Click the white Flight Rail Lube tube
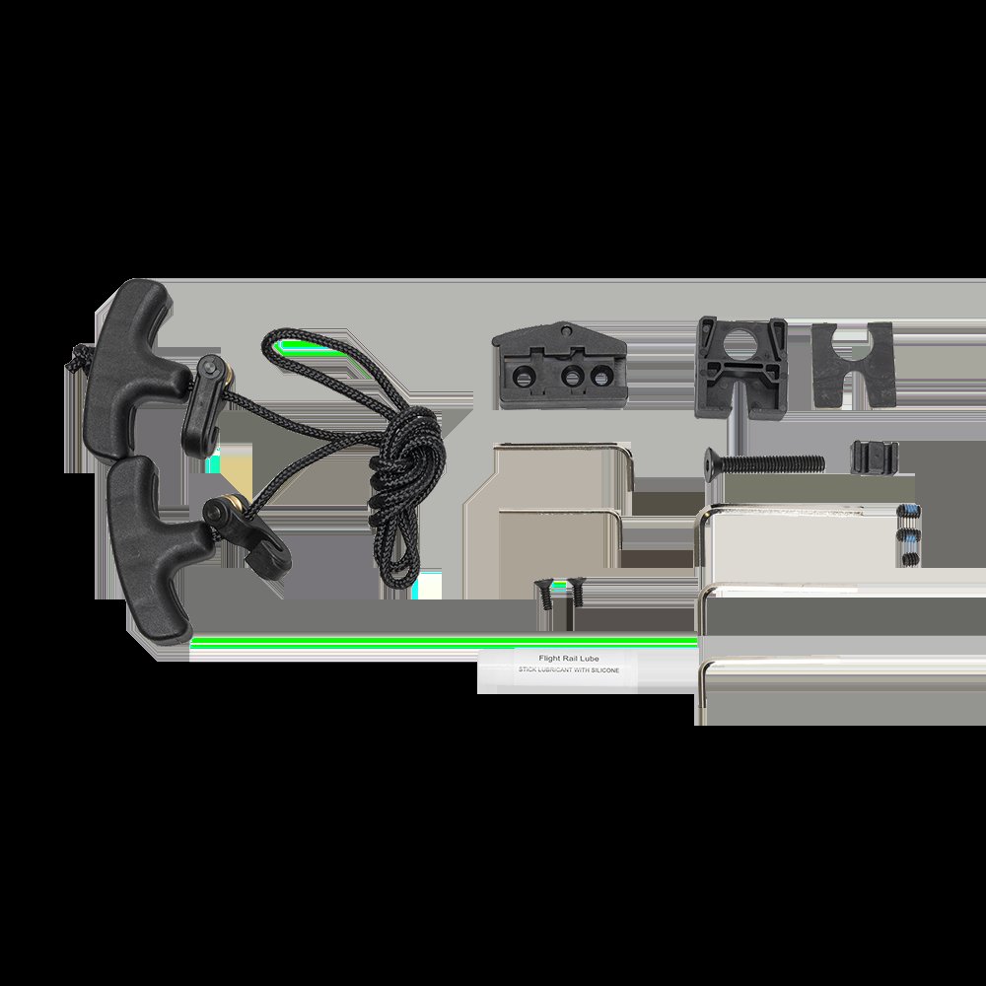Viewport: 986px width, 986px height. coord(557,669)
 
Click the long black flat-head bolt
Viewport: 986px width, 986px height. coord(763,464)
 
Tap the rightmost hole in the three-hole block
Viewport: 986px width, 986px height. coord(601,376)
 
